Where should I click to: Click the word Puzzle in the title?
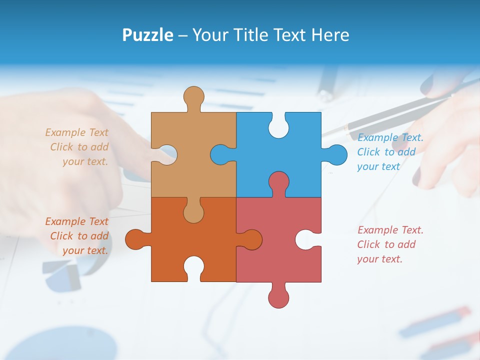click(147, 35)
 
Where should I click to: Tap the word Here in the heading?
click(330, 35)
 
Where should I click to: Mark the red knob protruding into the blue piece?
click(278, 182)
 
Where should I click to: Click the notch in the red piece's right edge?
click(306, 239)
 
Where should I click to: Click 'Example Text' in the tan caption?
click(76, 132)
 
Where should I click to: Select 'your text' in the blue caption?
click(378, 166)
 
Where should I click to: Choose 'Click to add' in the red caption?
click(386, 244)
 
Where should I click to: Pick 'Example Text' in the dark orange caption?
click(76, 221)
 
